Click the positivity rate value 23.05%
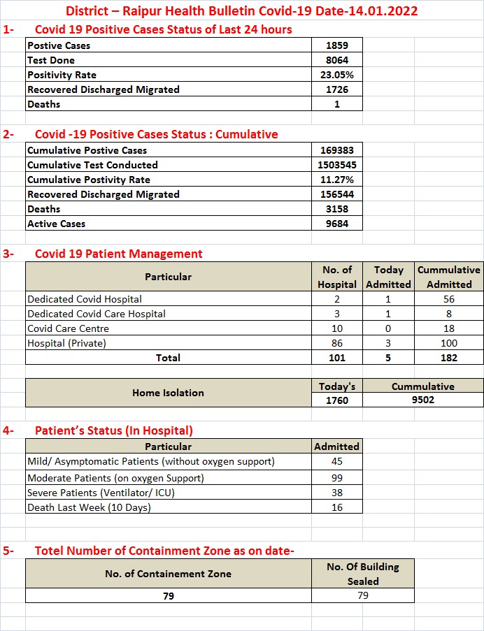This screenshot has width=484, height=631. (336, 75)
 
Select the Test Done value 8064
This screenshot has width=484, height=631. (336, 60)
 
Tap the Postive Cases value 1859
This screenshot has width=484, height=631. (336, 45)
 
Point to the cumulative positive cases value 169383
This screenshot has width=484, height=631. (336, 150)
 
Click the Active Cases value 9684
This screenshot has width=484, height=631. (336, 224)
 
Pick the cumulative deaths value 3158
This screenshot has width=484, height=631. (336, 209)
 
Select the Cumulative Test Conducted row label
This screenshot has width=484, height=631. (92, 165)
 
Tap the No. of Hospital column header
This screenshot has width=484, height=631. (336, 277)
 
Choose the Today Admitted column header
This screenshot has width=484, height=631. (388, 277)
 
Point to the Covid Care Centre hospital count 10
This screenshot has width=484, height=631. (336, 328)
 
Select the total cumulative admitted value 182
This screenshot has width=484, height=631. (449, 358)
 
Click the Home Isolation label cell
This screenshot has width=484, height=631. (168, 393)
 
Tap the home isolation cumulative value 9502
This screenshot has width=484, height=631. (423, 400)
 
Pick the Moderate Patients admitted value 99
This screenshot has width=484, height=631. (336, 478)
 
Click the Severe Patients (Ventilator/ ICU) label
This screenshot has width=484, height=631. (101, 493)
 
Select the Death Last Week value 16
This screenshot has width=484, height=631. (336, 507)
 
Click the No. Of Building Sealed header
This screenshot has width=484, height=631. (362, 574)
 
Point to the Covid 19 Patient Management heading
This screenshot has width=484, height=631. (119, 254)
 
